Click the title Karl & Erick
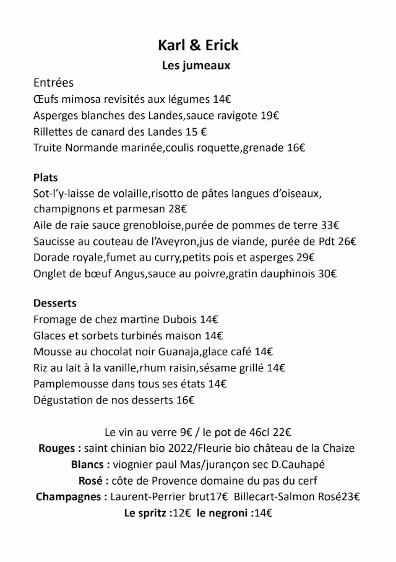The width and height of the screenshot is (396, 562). (198, 45)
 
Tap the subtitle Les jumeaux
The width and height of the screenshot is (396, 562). (196, 66)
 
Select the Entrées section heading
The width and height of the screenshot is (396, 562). (53, 83)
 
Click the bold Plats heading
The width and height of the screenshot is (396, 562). (45, 178)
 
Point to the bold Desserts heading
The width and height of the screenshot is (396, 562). (55, 303)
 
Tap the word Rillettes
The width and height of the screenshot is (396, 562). (55, 131)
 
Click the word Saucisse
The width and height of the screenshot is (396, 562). (56, 241)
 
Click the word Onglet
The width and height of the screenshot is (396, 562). (49, 274)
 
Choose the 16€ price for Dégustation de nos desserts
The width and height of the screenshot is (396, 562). (186, 400)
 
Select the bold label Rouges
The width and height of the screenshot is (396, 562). (59, 448)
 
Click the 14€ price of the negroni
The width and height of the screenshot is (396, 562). (264, 512)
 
